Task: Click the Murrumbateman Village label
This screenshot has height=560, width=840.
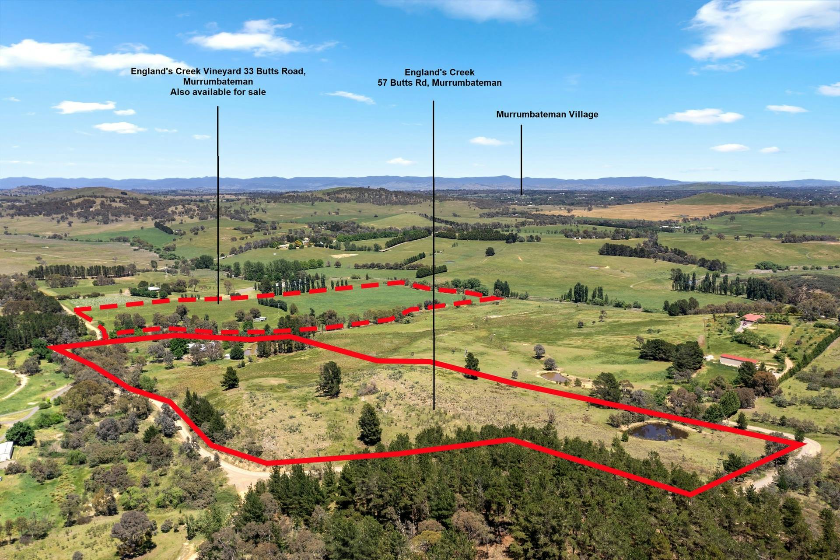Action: [x=547, y=115]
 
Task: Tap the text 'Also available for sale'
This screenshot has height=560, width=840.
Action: [x=218, y=92]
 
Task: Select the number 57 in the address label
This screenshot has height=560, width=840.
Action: [x=383, y=83]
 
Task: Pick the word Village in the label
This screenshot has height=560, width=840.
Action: [x=583, y=115]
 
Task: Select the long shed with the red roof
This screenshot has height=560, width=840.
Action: [x=738, y=360]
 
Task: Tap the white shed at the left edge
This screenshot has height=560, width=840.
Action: [x=6, y=451]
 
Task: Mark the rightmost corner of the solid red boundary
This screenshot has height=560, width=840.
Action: [x=804, y=444]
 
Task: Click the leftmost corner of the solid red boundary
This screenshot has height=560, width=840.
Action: [x=49, y=347]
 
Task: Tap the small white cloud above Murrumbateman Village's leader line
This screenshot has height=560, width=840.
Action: [x=489, y=141]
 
